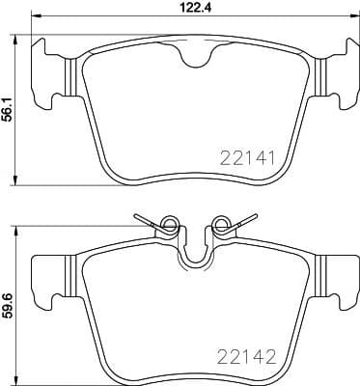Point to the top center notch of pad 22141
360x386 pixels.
pyautogui.click(x=196, y=58)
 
